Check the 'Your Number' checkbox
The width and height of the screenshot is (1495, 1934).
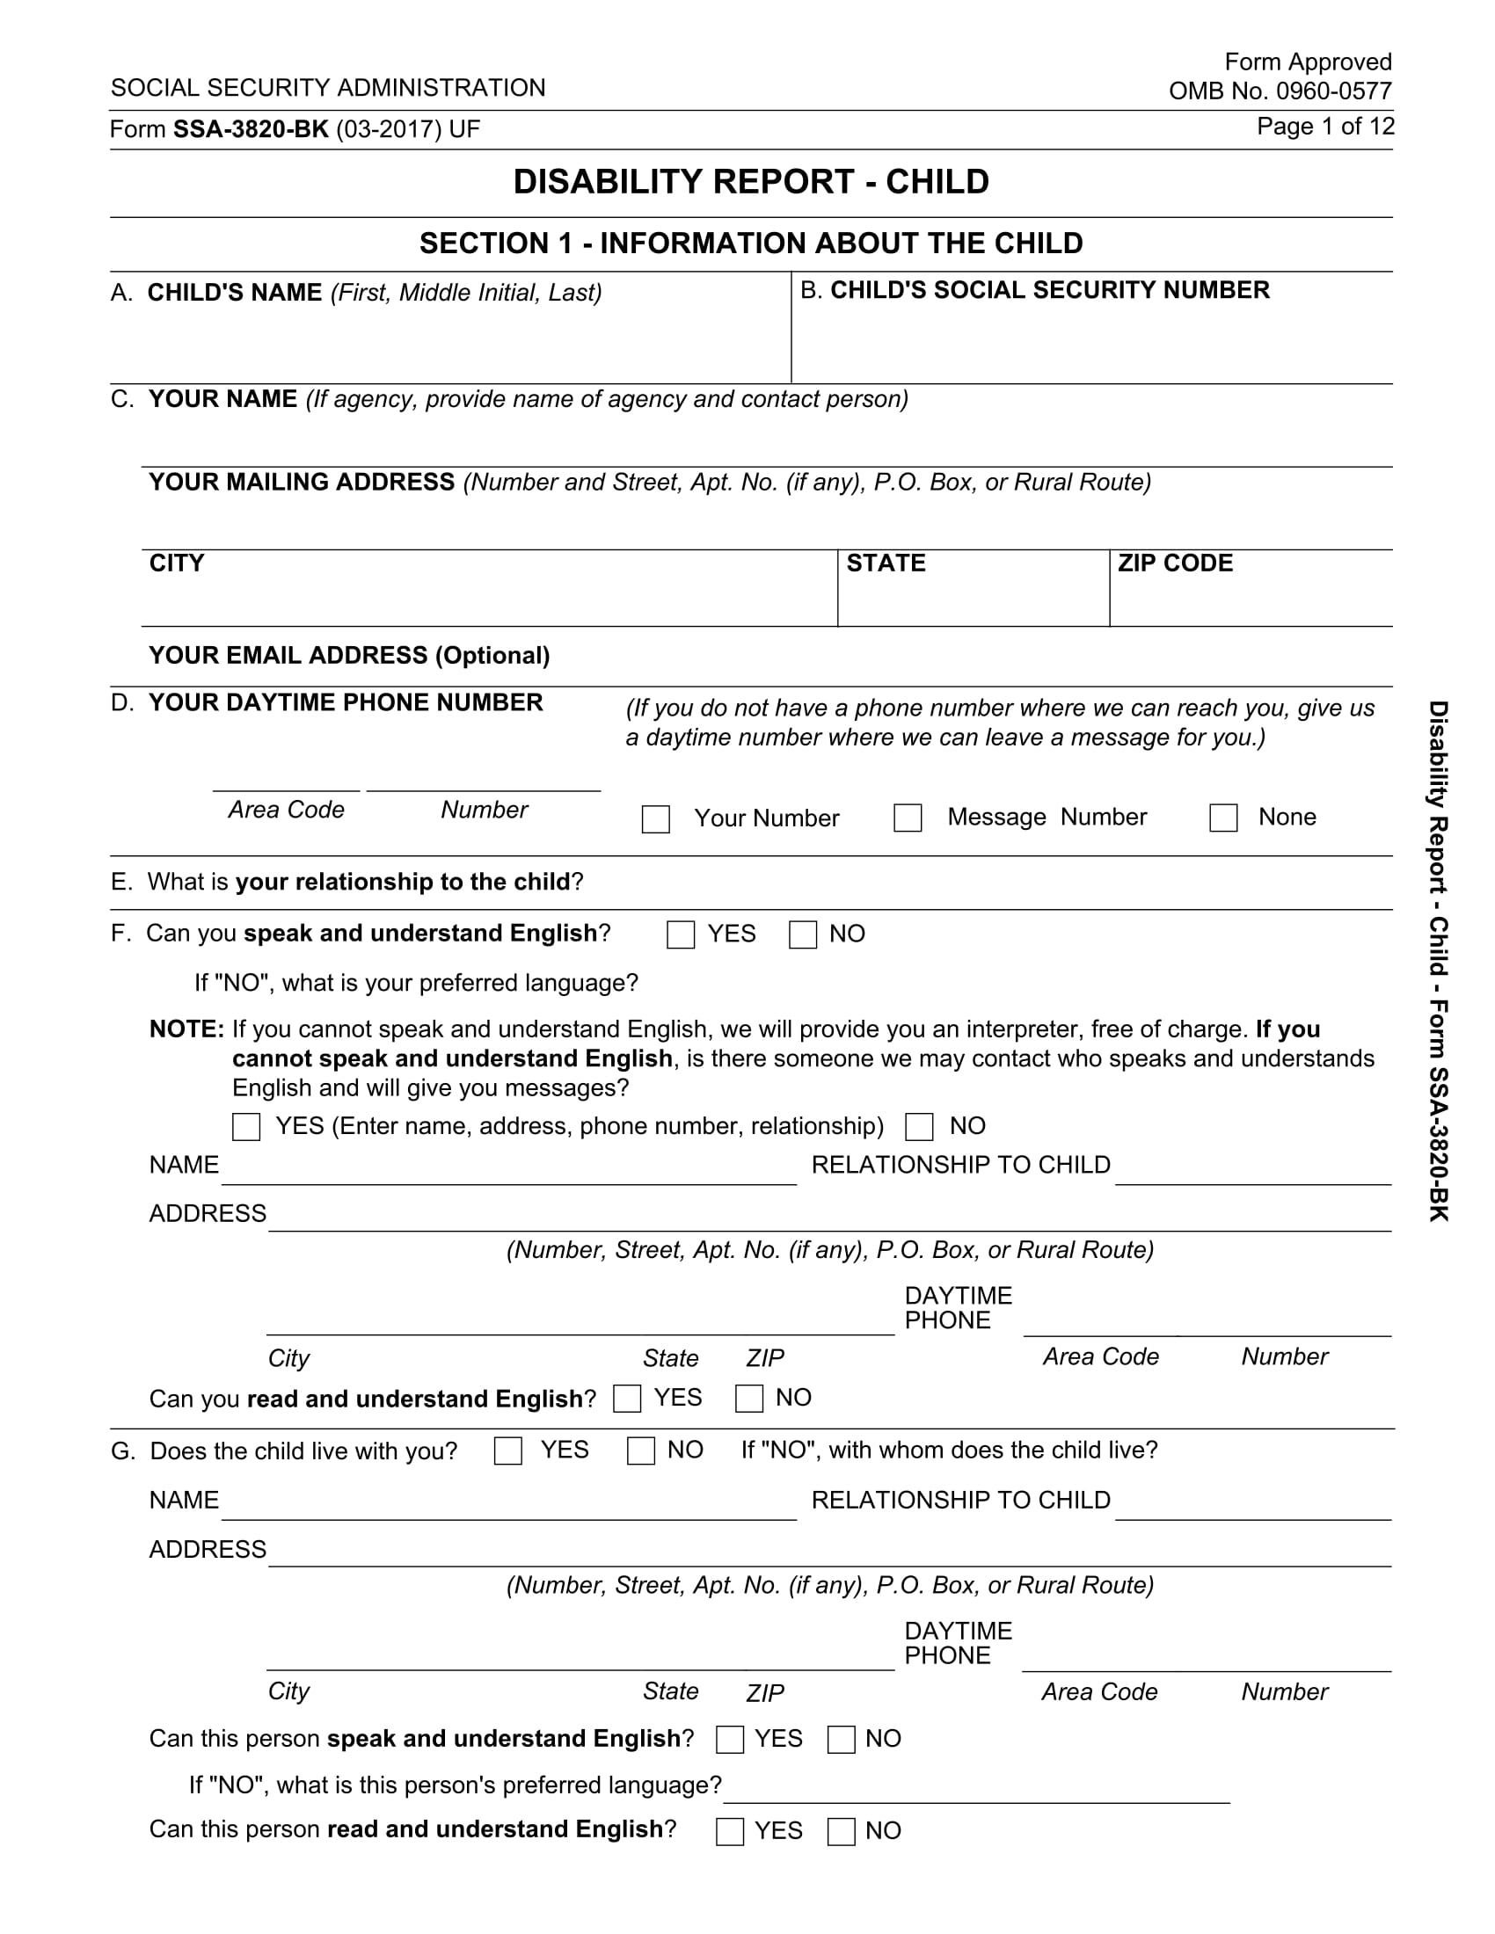pos(655,818)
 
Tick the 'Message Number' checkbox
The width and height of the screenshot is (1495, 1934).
pos(908,818)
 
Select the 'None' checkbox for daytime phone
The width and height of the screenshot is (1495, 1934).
pos(1223,818)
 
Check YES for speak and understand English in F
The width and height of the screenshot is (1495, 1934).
pos(680,934)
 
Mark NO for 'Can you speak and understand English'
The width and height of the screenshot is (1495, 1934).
pos(802,934)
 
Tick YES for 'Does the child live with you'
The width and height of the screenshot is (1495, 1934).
pos(507,1450)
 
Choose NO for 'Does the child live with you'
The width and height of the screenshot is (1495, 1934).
pos(640,1450)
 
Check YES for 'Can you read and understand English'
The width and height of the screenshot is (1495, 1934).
pos(627,1399)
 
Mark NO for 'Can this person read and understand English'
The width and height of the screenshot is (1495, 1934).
pos(841,1830)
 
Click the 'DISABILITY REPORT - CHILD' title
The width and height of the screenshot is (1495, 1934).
pos(751,182)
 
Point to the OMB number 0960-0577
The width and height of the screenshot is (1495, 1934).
pos(1280,91)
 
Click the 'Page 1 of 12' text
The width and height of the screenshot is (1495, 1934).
pos(1325,127)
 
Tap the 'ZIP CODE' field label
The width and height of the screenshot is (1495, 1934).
pos(1174,563)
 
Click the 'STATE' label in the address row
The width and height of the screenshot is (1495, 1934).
pos(886,563)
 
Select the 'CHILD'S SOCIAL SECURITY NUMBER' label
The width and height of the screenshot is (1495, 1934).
pos(1049,290)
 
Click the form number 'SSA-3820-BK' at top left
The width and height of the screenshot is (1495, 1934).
pos(251,129)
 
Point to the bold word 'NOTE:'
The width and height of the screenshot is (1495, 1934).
pos(186,1029)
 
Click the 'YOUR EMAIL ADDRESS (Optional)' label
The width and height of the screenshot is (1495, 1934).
pos(349,655)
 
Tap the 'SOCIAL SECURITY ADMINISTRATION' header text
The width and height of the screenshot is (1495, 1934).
pos(328,88)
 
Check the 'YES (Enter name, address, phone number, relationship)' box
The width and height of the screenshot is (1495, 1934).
pos(246,1126)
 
